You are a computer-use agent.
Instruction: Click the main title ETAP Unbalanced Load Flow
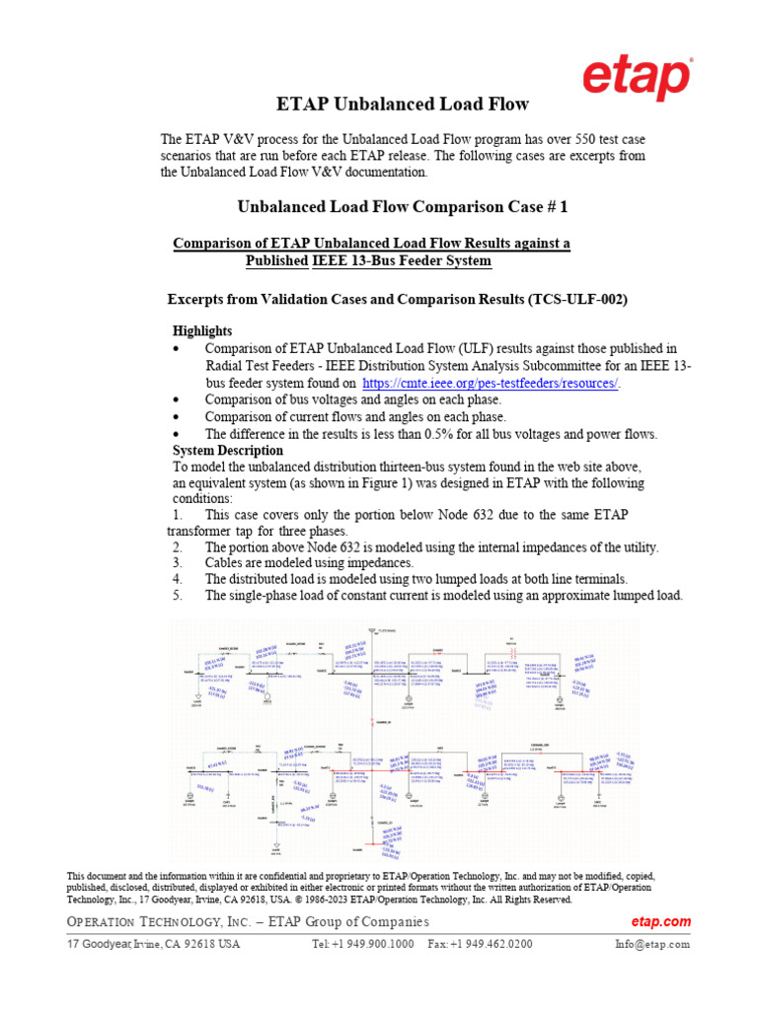(x=400, y=104)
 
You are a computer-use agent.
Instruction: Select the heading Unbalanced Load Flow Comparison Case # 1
(x=404, y=207)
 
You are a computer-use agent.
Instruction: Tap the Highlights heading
(x=202, y=330)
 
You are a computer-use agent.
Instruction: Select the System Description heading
(x=228, y=451)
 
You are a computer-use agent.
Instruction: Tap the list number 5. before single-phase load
(x=177, y=595)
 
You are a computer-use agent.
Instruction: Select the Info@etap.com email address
(x=651, y=944)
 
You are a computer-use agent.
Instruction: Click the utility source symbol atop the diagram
(x=371, y=630)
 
